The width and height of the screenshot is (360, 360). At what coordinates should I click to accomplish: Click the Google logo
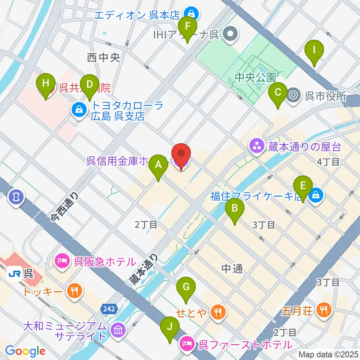click(25, 351)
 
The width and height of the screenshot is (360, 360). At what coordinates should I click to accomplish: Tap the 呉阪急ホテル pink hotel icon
click(62, 261)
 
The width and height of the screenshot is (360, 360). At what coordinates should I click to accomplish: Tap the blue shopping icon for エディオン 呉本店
click(192, 15)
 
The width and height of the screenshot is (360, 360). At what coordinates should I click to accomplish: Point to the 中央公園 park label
click(255, 77)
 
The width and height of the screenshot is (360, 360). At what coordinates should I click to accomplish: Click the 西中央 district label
click(103, 57)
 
